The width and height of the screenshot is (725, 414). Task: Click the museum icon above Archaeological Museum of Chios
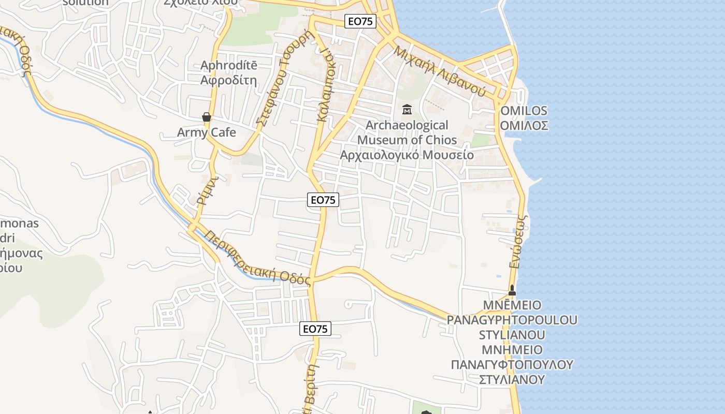pyautogui.click(x=407, y=110)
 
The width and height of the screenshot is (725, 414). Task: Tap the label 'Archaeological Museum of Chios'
pyautogui.click(x=407, y=132)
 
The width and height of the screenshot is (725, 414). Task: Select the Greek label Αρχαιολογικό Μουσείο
pyautogui.click(x=407, y=155)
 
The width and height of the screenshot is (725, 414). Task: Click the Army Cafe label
pyautogui.click(x=207, y=132)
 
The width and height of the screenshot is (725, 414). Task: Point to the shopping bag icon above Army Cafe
pyautogui.click(x=207, y=117)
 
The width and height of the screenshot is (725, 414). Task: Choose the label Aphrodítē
pyautogui.click(x=229, y=66)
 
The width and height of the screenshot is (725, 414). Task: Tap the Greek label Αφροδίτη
pyautogui.click(x=229, y=80)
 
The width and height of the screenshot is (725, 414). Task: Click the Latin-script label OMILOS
pyautogui.click(x=524, y=111)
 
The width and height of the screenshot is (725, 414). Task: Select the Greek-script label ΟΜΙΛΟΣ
pyautogui.click(x=524, y=126)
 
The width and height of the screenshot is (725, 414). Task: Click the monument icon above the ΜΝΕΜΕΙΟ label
pyautogui.click(x=512, y=290)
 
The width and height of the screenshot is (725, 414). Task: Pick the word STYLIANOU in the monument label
pyautogui.click(x=512, y=334)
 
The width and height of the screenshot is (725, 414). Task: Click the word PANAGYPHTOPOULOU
pyautogui.click(x=512, y=320)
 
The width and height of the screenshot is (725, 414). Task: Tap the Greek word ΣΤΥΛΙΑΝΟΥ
pyautogui.click(x=512, y=379)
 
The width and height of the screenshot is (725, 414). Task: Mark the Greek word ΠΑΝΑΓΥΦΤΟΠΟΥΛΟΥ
pyautogui.click(x=512, y=364)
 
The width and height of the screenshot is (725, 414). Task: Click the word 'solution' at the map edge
pyautogui.click(x=86, y=3)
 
